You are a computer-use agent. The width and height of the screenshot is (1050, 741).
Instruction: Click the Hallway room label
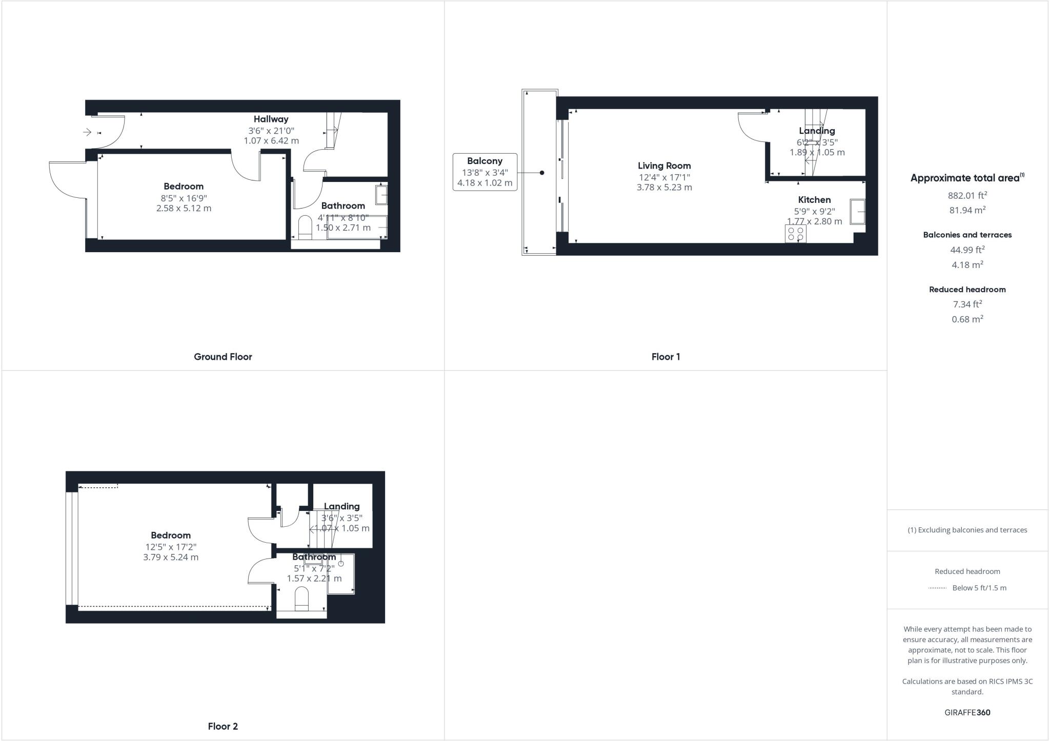271,119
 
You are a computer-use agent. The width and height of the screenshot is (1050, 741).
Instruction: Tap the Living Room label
664,166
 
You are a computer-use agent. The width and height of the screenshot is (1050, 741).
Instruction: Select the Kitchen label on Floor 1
814,200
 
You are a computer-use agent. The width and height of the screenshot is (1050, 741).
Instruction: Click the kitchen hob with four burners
795,234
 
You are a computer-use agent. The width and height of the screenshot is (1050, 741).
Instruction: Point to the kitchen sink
857,211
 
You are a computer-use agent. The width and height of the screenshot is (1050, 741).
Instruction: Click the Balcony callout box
484,172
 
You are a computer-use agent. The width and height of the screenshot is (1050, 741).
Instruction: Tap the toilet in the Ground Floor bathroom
305,227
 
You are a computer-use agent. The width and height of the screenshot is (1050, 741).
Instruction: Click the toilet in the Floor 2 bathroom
301,598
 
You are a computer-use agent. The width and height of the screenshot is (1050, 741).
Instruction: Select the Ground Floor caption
223,357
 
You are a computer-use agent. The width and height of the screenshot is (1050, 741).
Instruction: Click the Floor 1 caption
665,357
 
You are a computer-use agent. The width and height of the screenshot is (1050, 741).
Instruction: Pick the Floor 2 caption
223,726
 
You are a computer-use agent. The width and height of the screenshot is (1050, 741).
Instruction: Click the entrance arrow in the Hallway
88,132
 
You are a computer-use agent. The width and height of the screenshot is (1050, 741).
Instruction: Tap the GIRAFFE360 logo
967,712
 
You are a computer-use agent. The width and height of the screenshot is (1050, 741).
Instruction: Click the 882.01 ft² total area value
967,195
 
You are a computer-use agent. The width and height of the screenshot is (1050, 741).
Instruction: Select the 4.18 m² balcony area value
967,265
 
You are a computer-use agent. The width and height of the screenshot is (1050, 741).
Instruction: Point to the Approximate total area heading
966,178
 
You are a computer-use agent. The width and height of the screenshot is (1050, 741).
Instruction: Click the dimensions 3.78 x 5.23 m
664,188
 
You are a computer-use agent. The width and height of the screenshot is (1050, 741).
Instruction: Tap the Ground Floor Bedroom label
184,187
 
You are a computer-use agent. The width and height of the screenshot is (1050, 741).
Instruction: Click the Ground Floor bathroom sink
381,195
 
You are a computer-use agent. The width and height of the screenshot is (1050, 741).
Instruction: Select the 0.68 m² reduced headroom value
967,319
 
